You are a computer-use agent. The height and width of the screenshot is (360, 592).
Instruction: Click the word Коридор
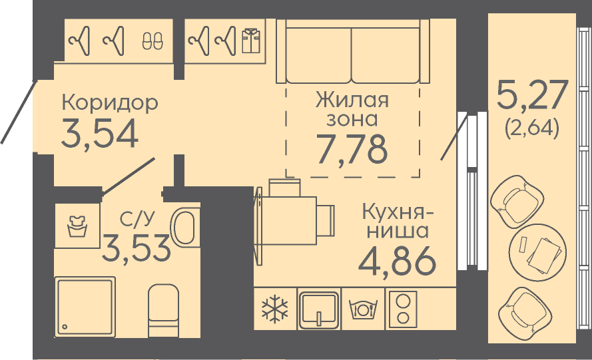pos(110,102)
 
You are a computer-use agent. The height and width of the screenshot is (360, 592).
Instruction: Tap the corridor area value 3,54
pos(100,134)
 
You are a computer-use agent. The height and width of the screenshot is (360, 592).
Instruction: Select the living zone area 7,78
pos(352,148)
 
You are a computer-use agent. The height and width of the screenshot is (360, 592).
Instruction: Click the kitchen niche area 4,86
pos(397,260)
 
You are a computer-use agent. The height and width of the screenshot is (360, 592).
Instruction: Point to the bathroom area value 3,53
pos(137,248)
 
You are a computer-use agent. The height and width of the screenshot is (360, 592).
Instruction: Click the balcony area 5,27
pos(532,94)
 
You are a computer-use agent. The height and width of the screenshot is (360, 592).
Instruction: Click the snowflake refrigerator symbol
pos(275,309)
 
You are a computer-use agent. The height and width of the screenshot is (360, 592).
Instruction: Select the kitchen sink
pos(319,309)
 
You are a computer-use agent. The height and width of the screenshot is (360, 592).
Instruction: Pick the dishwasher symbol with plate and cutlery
pos(363,309)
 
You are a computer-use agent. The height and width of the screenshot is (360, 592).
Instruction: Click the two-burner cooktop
pos(404,309)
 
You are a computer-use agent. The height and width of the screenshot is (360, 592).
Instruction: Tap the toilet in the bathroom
pos(163,310)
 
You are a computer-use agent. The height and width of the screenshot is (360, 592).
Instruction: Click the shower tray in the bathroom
pos(85,306)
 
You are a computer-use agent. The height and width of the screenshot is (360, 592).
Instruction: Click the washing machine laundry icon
pos(77,226)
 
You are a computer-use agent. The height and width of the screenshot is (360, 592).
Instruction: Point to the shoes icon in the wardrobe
pos(153,40)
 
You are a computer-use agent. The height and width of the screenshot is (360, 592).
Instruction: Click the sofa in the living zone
pos(353,51)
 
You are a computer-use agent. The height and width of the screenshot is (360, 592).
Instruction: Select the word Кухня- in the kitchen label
pos(398,212)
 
